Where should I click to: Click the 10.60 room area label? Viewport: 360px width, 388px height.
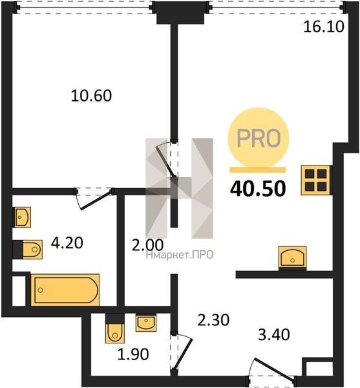click(x=91, y=96)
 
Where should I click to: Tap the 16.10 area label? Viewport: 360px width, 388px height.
click(x=324, y=27)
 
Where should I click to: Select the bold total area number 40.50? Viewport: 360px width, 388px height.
click(x=258, y=189)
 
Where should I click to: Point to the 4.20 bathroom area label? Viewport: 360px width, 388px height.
click(x=67, y=242)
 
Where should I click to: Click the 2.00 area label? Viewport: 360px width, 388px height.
click(x=147, y=245)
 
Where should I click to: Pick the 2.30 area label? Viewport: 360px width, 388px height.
click(x=214, y=319)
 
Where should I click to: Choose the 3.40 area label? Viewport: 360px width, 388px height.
click(x=274, y=335)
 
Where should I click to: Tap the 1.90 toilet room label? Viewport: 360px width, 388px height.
click(x=133, y=354)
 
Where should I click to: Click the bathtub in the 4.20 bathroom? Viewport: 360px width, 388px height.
click(x=65, y=290)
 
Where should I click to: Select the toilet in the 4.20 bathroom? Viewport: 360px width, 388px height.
click(x=28, y=250)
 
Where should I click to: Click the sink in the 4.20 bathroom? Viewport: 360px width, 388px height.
click(x=22, y=217)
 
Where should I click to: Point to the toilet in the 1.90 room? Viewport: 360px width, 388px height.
click(x=115, y=329)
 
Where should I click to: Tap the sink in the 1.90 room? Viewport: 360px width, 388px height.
click(x=146, y=323)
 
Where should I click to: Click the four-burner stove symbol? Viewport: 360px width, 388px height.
click(x=315, y=180)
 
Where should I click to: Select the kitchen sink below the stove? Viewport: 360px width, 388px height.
click(x=293, y=258)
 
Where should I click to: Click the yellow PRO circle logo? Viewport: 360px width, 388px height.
click(x=258, y=138)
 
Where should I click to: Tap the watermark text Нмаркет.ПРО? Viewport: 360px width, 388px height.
click(x=180, y=255)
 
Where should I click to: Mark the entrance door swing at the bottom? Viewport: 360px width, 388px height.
click(x=272, y=369)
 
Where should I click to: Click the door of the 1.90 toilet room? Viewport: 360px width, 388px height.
click(x=183, y=352)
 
